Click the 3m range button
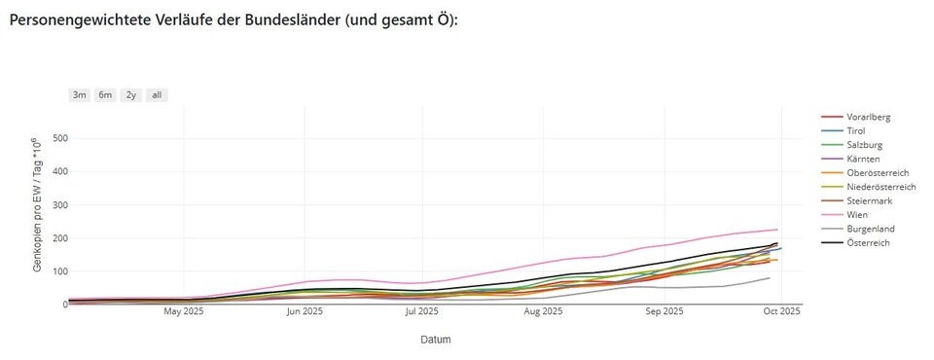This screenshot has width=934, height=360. tap(79, 95)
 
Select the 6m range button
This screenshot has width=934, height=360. tap(104, 95)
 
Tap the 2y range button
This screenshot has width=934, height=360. tap(130, 95)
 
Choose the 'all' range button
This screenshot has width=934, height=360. tap(157, 95)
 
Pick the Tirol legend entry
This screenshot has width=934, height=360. tap(856, 130)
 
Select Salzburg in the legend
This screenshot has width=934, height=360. tap(864, 144)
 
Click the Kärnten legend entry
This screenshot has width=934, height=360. tap(864, 159)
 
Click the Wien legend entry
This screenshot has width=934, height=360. tap(857, 214)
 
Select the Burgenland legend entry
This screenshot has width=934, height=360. tap(871, 229)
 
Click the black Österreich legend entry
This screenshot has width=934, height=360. tap(868, 242)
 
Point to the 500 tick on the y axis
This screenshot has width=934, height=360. tap(59, 138)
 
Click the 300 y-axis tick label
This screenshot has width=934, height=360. tap(59, 205)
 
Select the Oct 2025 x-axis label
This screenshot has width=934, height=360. tap(781, 312)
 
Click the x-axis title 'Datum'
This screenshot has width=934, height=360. tap(435, 340)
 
